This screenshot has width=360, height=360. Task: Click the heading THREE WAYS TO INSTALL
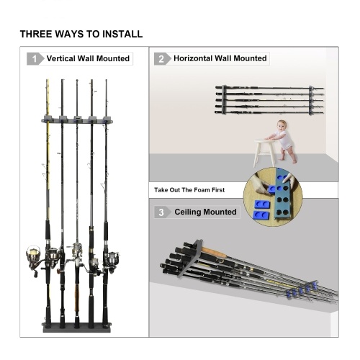pos(81,34)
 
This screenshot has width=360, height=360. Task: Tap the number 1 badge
pos(35,59)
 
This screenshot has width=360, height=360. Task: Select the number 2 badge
pos(162,58)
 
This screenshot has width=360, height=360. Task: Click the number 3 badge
pos(162,212)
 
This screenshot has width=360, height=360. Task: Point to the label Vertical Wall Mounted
pos(88,58)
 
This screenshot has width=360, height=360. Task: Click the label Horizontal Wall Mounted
pos(220,58)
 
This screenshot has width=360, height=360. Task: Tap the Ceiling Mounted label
pos(205,212)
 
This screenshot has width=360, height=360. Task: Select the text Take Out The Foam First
pos(189,190)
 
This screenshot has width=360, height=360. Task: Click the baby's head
pos(282,126)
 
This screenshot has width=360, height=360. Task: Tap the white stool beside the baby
pos(264,152)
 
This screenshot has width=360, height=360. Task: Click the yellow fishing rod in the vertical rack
pos(48,168)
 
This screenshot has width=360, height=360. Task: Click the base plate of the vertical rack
pos(77,328)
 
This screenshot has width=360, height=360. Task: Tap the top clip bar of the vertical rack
pos(77,120)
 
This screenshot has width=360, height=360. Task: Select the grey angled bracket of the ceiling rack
pos(192,258)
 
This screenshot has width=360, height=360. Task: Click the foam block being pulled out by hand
pos(272,189)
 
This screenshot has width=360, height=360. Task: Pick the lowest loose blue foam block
pos(261,215)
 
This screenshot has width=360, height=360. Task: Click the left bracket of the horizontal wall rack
pos(224,99)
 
